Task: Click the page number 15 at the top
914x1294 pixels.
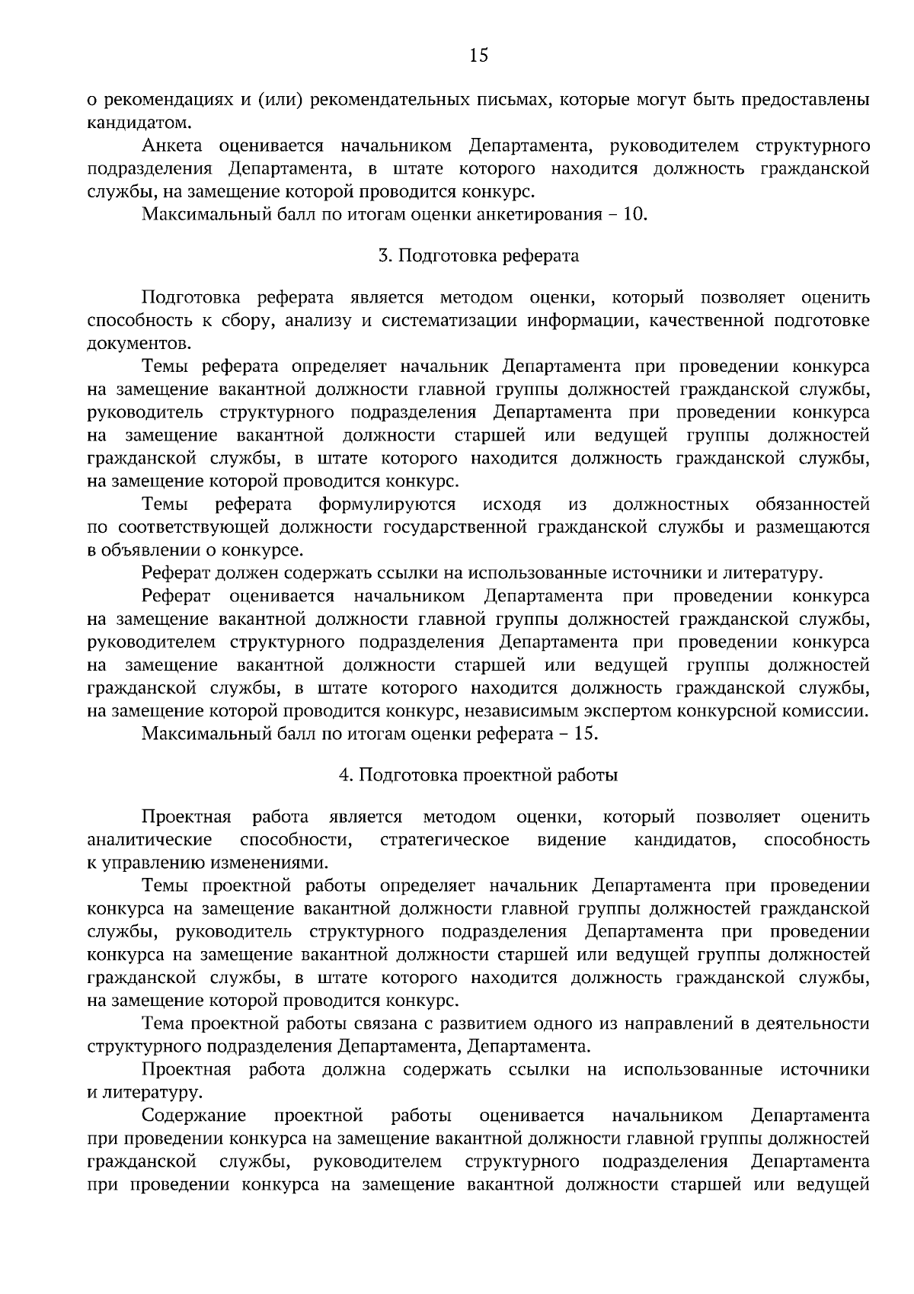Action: pos(478,55)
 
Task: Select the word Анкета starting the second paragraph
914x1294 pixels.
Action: pos(171,146)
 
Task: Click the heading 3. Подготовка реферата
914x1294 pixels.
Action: pos(478,256)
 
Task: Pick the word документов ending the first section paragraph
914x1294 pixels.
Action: pos(138,344)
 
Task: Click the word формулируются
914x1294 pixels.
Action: pos(387,504)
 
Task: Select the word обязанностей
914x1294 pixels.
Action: pos(813,504)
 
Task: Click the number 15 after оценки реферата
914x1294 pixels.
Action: pos(588,735)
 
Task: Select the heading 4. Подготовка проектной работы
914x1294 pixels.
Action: pos(478,776)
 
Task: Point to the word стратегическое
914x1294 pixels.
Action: pos(444,840)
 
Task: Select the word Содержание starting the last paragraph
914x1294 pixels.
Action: pos(194,1116)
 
